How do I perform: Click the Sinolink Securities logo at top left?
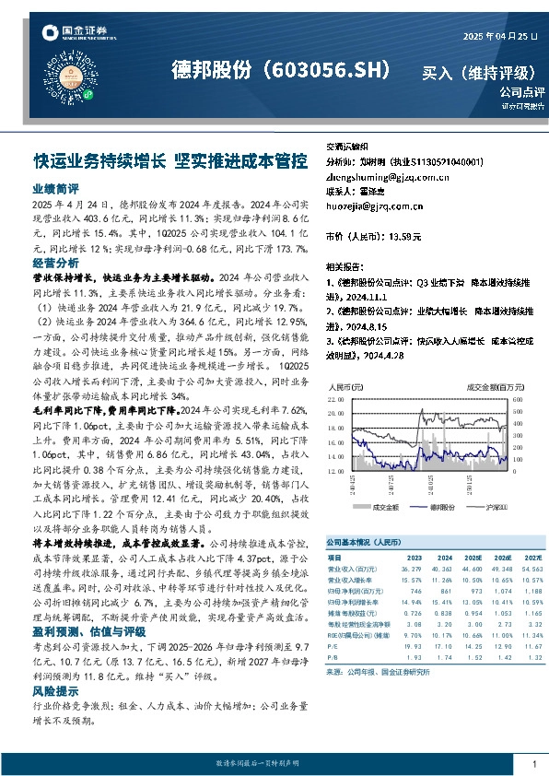coord(70,34)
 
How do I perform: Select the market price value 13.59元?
coord(405,237)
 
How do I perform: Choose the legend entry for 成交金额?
coord(380,506)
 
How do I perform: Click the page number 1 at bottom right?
coord(534,764)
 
